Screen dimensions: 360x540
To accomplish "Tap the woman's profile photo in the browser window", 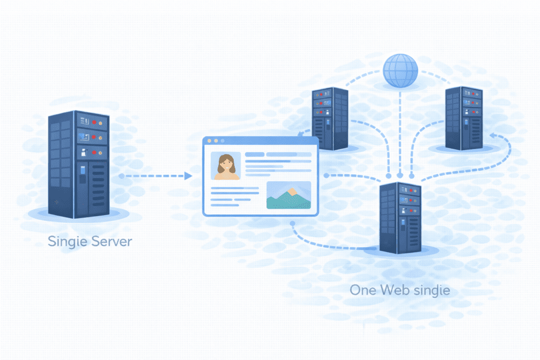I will pos(225,166).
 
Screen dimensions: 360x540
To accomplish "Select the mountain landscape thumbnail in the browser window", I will pos(288,195).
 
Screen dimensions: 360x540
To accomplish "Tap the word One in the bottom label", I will pos(364,289).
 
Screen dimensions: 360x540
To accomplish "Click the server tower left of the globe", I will pos(330,118).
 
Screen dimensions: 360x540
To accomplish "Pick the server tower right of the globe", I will pos(464,118).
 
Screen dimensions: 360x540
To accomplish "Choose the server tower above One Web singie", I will pos(400,216).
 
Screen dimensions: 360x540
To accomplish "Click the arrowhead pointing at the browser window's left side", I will pos(188,176).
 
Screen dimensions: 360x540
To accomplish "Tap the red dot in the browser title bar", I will pos(209,141).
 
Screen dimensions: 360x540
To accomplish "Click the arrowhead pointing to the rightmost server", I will pos(492,136).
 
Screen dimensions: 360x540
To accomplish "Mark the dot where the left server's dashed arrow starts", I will pos(122,176).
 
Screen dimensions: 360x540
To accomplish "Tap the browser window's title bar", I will pos(261,141).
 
